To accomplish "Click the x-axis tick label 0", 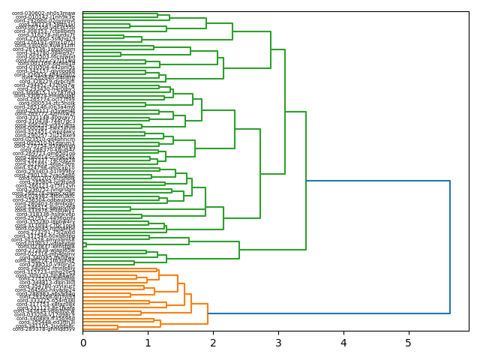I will [82, 343].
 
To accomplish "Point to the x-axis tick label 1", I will [148, 343].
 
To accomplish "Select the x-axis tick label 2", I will [213, 343].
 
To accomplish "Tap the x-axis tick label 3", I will [278, 343].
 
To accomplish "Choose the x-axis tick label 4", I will [343, 343].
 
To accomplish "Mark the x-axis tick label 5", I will [409, 343].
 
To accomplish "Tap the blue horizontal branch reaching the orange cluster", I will [330, 313].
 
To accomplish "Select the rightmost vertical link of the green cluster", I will [306, 181].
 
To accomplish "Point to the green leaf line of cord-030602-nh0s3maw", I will [120, 13].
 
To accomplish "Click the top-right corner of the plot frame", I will [469, 10].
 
